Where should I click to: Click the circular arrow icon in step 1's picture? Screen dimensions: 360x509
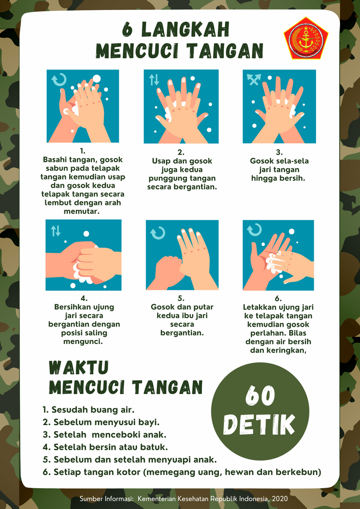tap(59, 79)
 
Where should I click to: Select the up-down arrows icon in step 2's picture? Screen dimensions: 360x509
tap(154, 80)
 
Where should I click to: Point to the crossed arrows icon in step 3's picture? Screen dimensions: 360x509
tap(254, 79)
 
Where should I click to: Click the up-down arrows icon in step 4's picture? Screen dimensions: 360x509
tap(55, 231)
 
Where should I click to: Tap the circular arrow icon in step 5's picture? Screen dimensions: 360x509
tap(158, 233)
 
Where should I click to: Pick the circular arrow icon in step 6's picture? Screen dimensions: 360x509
tap(254, 229)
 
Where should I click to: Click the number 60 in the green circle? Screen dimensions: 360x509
tap(260, 396)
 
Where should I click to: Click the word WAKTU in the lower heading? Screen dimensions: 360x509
tap(78, 368)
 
